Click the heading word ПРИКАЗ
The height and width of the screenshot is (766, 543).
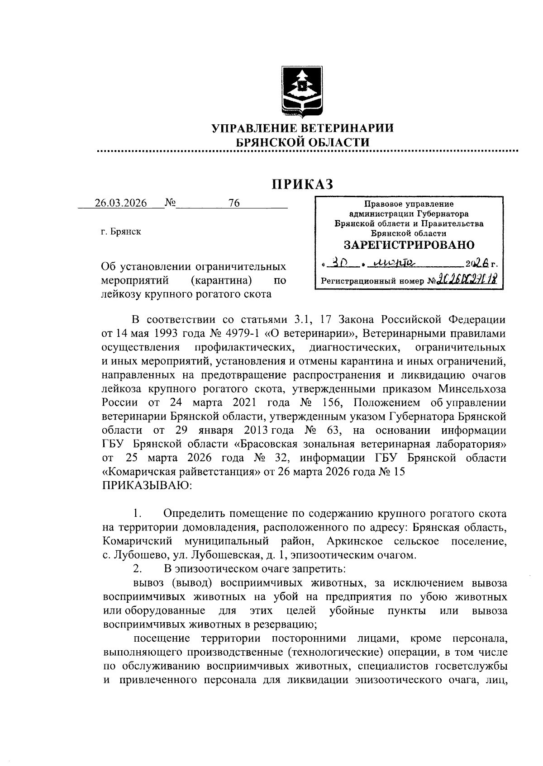click(x=302, y=184)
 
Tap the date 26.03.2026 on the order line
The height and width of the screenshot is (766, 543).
click(x=121, y=203)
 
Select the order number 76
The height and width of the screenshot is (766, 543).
click(x=234, y=203)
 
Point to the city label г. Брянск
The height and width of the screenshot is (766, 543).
click(x=121, y=232)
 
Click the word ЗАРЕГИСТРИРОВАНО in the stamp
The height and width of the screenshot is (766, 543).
click(x=409, y=245)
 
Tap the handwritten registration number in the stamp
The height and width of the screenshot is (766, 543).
click(x=466, y=280)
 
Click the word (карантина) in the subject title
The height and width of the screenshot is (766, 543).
click(x=221, y=280)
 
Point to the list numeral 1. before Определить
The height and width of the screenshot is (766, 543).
click(x=138, y=514)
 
